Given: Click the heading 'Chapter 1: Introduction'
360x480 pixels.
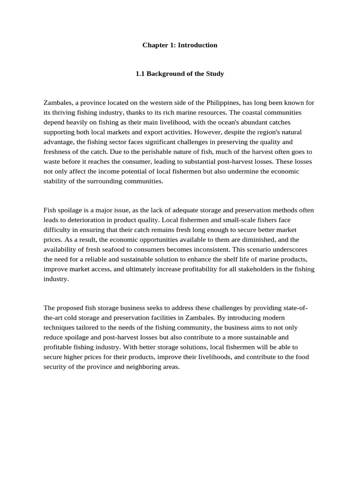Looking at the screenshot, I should click(180, 45).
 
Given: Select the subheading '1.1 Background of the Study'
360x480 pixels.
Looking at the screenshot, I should click(180, 74).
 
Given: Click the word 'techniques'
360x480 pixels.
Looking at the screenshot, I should click(58, 328).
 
